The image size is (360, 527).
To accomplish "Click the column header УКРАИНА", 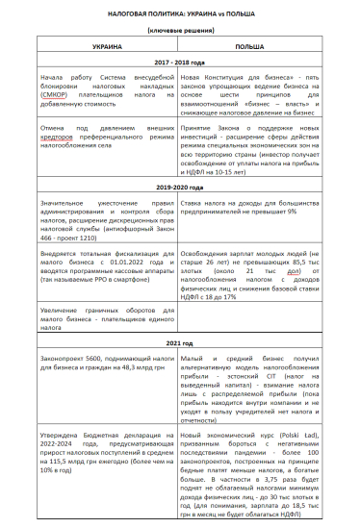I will pos(106,46).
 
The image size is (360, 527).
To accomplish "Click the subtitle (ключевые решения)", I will pos(179,29).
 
